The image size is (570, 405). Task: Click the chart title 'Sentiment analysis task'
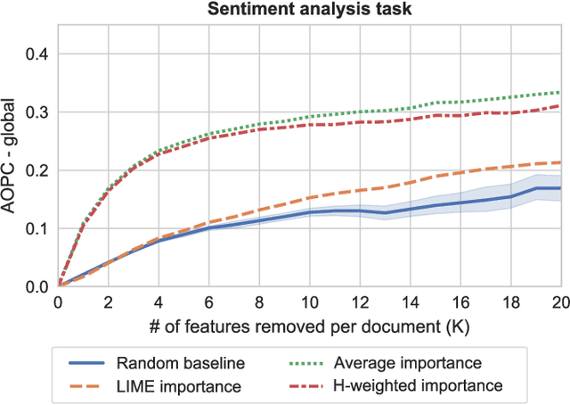tap(309, 11)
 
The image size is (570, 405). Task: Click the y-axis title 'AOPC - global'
tap(12, 157)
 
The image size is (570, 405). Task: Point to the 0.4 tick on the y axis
tap(37, 54)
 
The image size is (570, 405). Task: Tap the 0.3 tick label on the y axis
tap(37, 112)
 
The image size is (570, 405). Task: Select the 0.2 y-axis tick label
tap(37, 170)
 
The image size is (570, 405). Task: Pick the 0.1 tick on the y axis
tap(37, 228)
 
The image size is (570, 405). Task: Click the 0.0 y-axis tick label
tap(37, 286)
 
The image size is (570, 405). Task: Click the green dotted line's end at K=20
tap(559, 93)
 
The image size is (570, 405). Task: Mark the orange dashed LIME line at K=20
tap(559, 162)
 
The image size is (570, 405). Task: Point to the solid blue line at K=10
tap(309, 212)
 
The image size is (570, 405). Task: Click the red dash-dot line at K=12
tap(359, 122)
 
